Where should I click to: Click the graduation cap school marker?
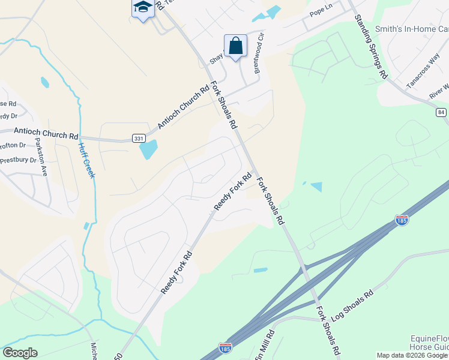142,8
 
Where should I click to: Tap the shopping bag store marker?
235,45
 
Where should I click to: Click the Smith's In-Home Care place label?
412,29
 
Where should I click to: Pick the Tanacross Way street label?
423,76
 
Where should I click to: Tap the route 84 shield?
442,112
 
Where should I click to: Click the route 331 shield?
139,138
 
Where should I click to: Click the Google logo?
20,353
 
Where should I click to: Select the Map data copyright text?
412,355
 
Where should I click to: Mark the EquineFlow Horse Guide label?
429,343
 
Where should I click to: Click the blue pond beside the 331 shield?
149,149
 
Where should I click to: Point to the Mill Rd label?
268,344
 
